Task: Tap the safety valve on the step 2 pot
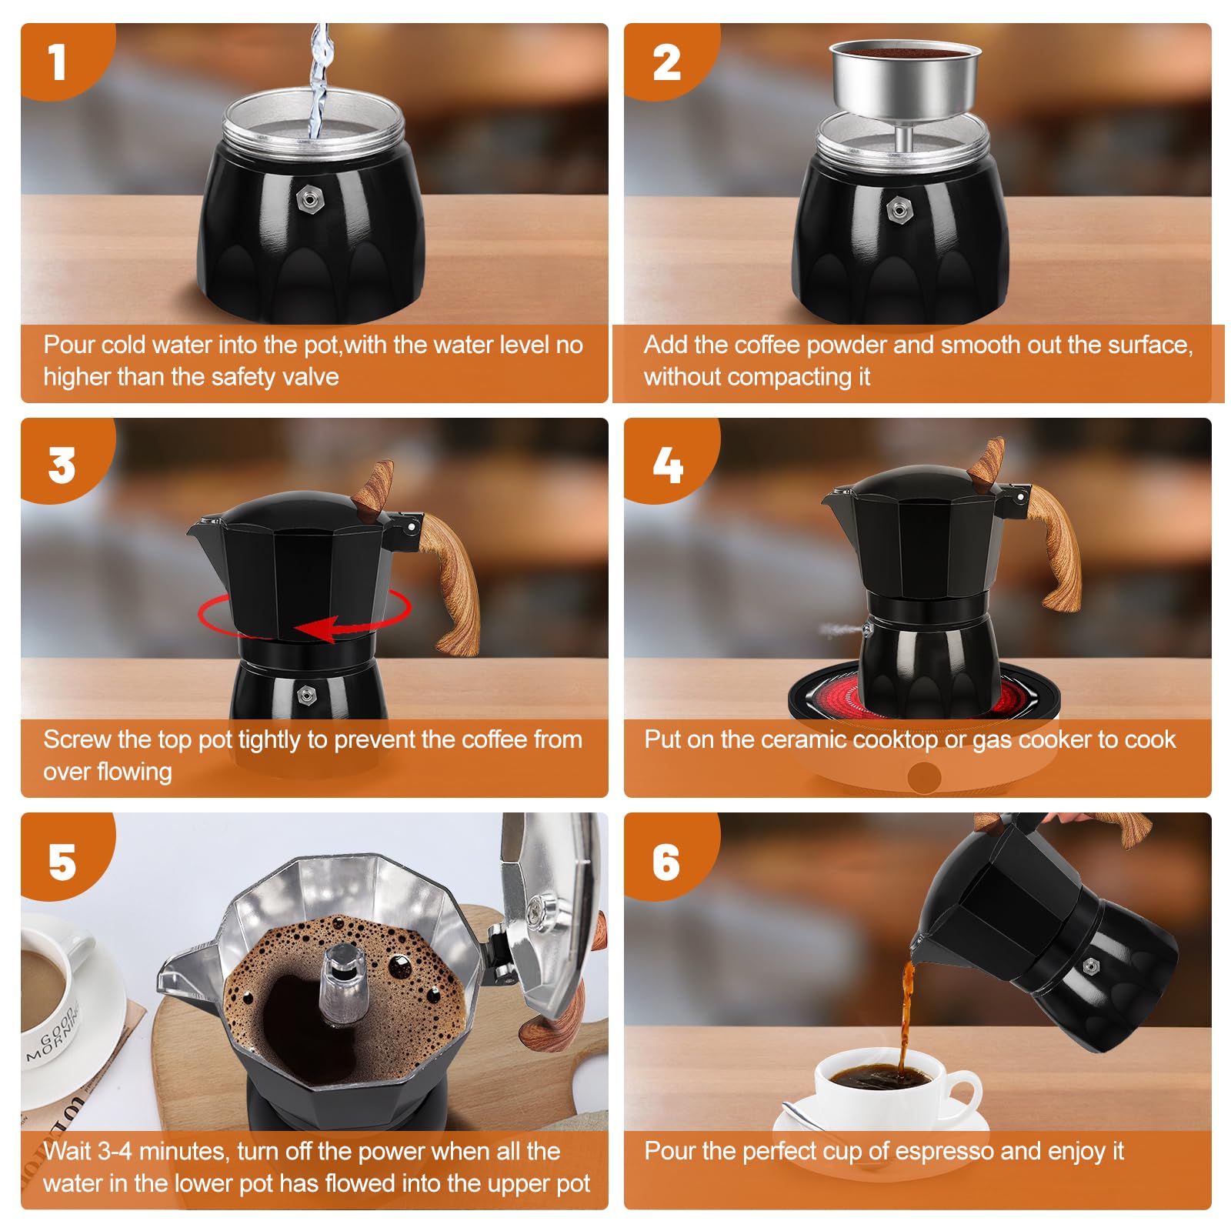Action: (x=899, y=209)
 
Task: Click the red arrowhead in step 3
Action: (x=316, y=629)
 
